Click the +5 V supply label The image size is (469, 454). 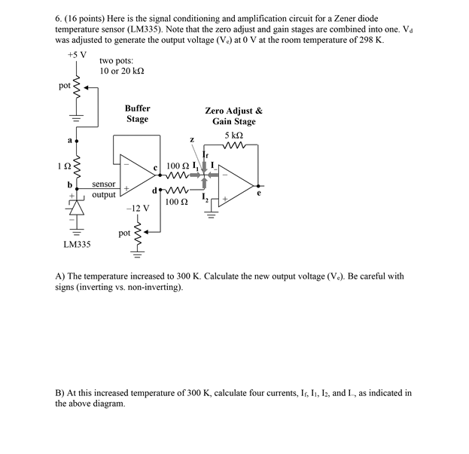click(77, 55)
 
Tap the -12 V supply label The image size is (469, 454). click(137, 207)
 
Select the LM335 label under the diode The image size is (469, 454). click(78, 245)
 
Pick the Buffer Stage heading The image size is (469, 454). click(137, 114)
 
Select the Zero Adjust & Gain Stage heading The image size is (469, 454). click(233, 116)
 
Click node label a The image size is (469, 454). click(69, 141)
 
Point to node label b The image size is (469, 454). click(69, 184)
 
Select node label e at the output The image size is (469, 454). click(260, 193)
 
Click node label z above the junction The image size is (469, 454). click(192, 139)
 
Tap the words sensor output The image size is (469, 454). click(104, 189)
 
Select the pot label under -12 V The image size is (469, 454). click(125, 233)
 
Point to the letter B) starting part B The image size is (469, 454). click(59, 393)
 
